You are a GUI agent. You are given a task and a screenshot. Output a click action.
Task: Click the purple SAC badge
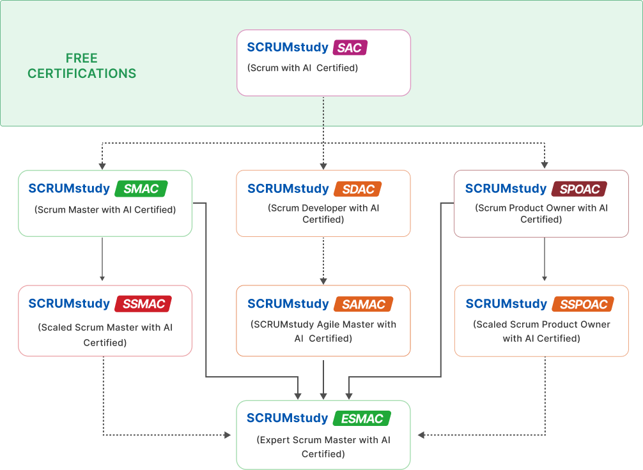[x=350, y=48]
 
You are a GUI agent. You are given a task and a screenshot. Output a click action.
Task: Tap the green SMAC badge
[x=141, y=188]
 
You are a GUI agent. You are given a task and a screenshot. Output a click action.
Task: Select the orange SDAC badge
[x=357, y=188]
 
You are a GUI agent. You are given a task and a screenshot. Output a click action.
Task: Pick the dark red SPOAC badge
[x=579, y=188]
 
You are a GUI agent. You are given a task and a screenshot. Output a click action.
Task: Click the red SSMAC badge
[x=143, y=304]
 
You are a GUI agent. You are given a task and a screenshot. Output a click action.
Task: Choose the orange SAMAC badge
[x=363, y=304]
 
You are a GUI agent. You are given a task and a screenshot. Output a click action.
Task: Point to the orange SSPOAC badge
[x=583, y=304]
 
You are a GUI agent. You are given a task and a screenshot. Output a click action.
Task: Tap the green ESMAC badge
[x=362, y=419]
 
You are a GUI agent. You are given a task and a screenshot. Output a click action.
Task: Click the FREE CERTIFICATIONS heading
[x=82, y=66]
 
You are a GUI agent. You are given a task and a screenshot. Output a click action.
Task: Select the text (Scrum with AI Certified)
[x=302, y=68]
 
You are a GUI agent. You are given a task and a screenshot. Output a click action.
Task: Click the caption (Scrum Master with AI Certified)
[x=105, y=209]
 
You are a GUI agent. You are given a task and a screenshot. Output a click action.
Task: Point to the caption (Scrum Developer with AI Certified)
[x=323, y=214]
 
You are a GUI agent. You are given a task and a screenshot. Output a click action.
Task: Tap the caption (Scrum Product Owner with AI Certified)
[x=541, y=214]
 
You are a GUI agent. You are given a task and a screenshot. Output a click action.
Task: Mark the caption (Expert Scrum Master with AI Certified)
[x=323, y=447]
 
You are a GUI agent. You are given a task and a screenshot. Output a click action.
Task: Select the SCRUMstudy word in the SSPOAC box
[x=506, y=304]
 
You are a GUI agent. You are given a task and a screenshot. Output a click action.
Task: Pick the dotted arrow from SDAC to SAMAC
[x=323, y=260]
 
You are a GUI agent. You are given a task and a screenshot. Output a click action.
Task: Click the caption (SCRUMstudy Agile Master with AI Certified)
[x=323, y=331]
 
